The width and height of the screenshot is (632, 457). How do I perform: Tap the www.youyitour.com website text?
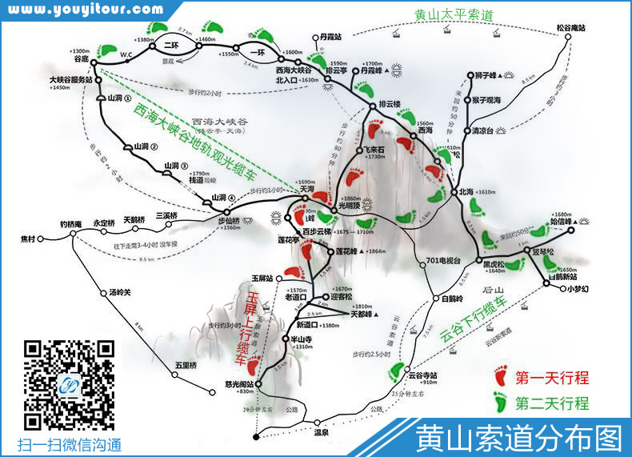coord(87,10)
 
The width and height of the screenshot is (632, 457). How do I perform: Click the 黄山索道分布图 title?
coord(518,439)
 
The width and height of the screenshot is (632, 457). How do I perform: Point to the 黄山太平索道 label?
coord(454,14)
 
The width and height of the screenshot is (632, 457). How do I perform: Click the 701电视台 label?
coord(443,260)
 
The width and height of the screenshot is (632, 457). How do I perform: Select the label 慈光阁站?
coord(239,384)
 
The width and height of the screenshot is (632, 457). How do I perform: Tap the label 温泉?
coord(322,432)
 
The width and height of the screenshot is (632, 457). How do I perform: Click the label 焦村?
coord(29,239)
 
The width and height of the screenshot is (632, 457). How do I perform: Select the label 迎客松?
coord(342,296)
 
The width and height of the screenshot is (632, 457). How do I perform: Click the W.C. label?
coord(126,55)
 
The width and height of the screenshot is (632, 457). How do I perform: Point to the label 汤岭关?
coord(118,292)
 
